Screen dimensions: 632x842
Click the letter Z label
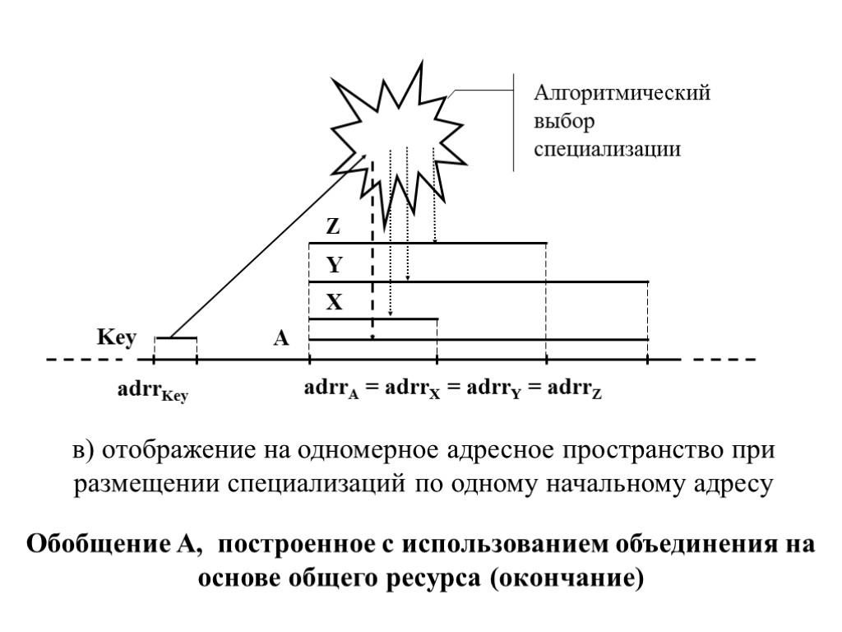[334, 225]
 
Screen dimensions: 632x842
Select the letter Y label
[334, 266]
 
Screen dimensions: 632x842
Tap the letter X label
[334, 303]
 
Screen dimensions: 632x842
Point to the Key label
[116, 338]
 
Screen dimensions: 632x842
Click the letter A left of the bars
[281, 338]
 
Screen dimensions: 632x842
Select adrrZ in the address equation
[576, 388]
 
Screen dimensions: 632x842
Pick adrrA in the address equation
[332, 388]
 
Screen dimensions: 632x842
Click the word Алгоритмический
[622, 93]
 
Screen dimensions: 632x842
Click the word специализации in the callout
[608, 149]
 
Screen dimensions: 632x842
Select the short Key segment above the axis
[176, 338]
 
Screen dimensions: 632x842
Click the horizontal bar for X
[373, 319]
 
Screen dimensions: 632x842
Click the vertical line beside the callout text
[515, 123]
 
